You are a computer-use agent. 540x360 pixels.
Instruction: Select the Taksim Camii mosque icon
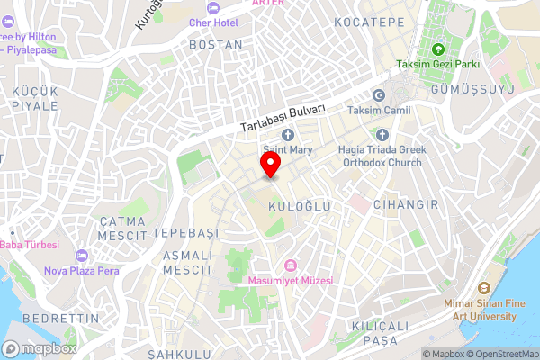tap(379, 95)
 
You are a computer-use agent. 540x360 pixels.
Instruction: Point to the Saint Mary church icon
tap(288, 135)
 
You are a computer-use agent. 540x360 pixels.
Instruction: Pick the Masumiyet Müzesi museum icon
tap(291, 265)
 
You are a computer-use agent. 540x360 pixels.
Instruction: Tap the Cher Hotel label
tap(220, 22)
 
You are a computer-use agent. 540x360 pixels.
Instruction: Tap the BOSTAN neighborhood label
tap(216, 43)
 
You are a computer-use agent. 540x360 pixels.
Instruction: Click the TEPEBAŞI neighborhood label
tap(186, 232)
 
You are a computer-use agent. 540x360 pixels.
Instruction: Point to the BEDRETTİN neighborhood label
tap(54, 319)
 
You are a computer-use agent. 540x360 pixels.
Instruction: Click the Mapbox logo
tap(39, 348)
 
